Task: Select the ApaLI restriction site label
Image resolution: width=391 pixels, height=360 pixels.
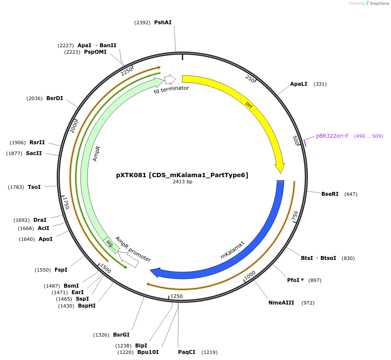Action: tap(298, 84)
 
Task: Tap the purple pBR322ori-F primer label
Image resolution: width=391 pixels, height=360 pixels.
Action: tap(332, 136)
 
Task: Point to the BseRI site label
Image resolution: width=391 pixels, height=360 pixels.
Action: tap(330, 194)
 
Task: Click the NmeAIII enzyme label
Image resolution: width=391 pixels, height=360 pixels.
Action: tap(281, 303)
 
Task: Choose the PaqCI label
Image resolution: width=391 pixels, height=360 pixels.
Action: tap(187, 352)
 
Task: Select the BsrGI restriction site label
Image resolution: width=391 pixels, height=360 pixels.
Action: tap(121, 335)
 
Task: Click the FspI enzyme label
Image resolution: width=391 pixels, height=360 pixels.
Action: tap(61, 270)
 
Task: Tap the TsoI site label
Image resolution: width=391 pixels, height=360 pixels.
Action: tap(34, 187)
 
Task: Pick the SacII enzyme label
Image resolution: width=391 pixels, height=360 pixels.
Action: tap(34, 153)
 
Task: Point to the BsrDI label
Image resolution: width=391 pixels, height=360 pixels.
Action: tap(55, 98)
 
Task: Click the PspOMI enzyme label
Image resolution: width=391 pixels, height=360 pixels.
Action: tap(95, 52)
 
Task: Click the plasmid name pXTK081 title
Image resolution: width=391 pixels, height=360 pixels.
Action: tap(182, 175)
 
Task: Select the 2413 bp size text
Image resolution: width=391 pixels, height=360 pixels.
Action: tap(182, 182)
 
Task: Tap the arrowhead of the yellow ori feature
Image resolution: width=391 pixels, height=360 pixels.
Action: tap(280, 168)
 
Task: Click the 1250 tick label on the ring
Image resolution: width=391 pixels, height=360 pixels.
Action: tap(177, 296)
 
